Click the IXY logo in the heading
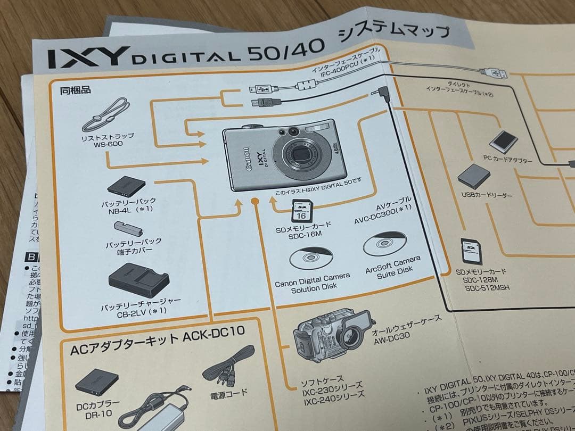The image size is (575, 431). pyautogui.click(x=88, y=57)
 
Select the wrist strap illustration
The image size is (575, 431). pyautogui.click(x=105, y=115)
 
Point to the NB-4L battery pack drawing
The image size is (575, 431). pyautogui.click(x=126, y=186)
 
